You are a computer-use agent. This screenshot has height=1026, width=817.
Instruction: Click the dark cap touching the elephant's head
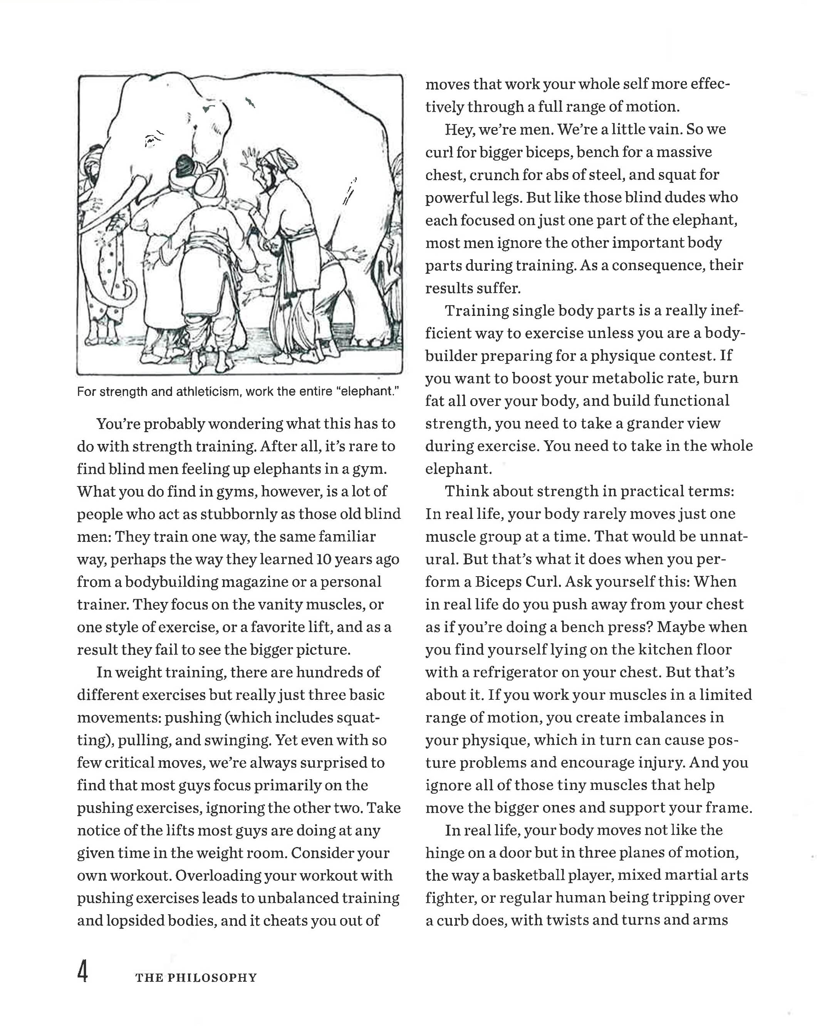pos(184,165)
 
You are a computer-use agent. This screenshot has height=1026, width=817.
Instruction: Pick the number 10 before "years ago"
pos(324,559)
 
